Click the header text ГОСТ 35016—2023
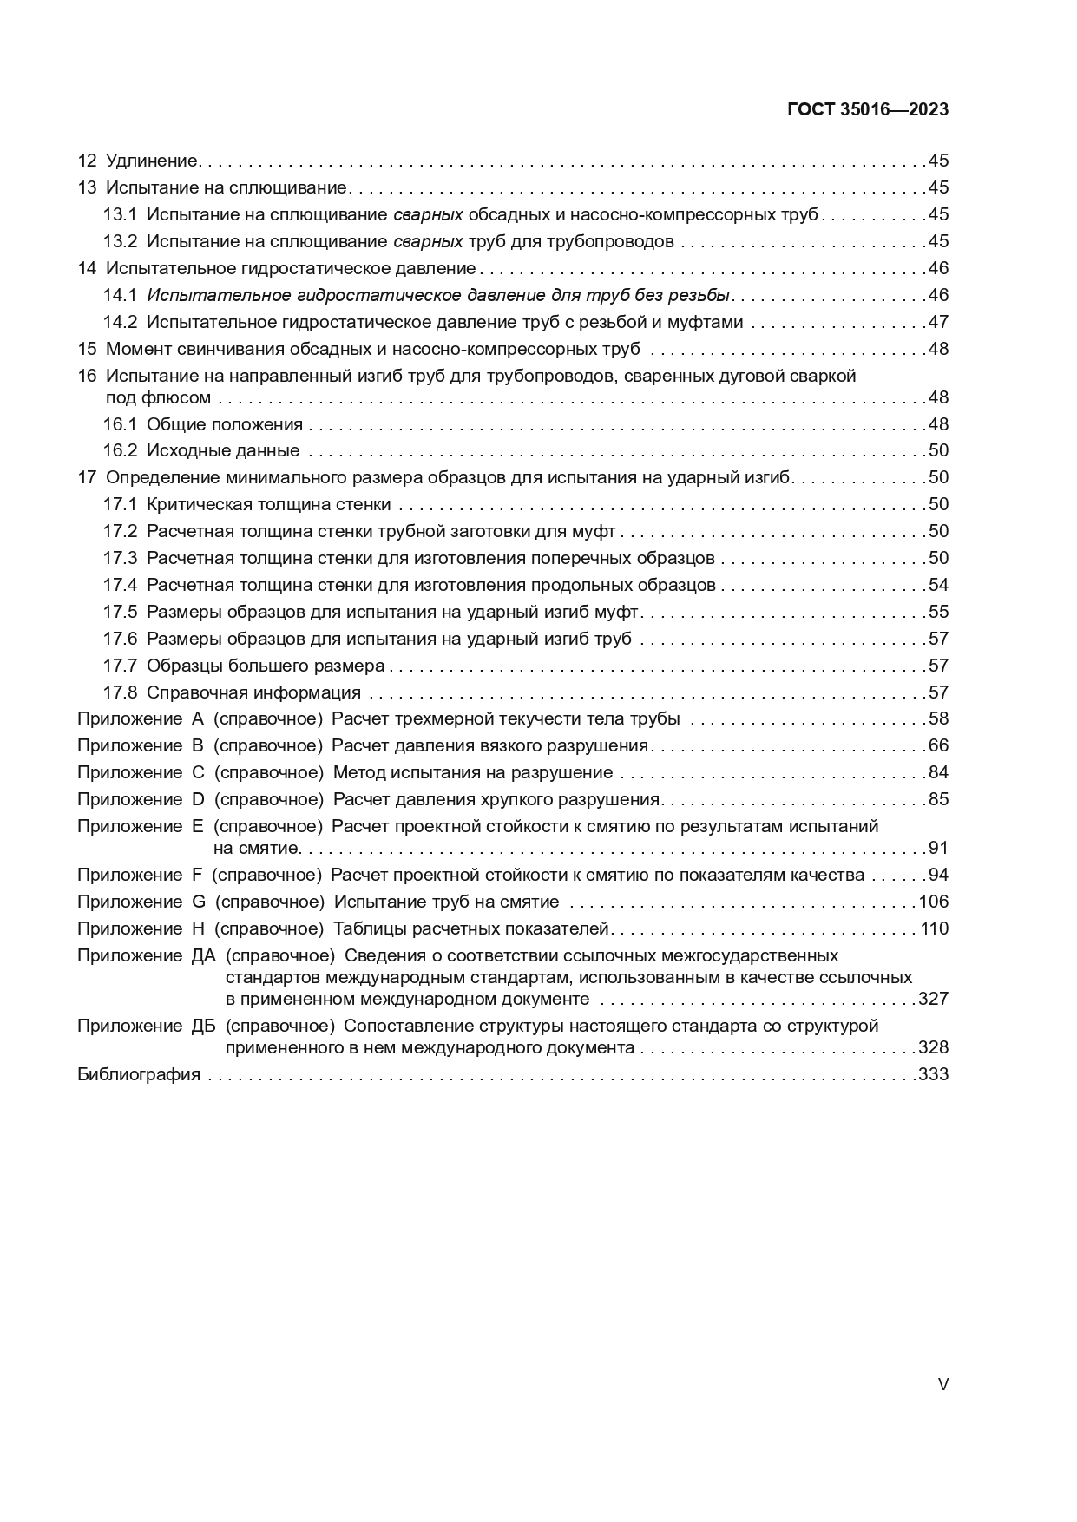coord(867,110)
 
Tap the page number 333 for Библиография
coord(933,1075)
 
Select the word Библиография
coord(139,1075)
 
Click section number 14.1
coord(120,295)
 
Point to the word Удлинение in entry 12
coord(152,161)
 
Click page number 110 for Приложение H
coord(935,929)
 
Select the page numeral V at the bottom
coord(943,1385)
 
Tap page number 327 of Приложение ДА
coord(933,999)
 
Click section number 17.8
coord(120,692)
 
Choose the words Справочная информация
coord(253,692)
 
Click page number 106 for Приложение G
coord(935,902)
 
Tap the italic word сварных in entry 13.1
coord(428,214)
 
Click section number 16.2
coord(120,450)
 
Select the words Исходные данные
coord(223,450)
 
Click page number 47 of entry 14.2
coord(938,322)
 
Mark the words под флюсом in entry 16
coord(158,397)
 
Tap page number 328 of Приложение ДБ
coord(933,1047)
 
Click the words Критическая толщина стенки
coord(269,504)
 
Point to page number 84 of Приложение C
coord(938,772)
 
